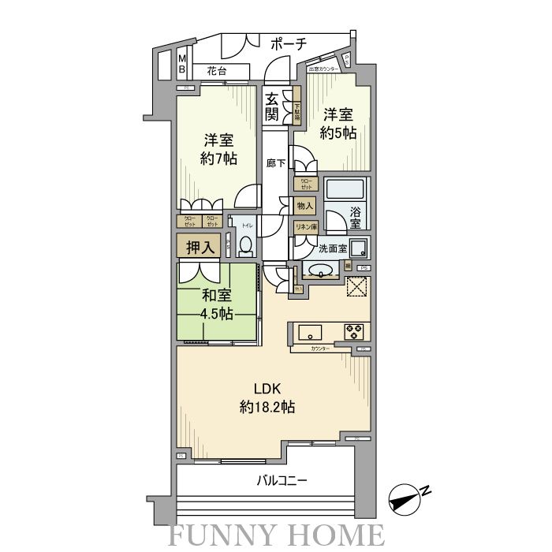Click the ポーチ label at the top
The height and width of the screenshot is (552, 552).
[x=288, y=44]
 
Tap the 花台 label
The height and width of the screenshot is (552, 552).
[x=217, y=71]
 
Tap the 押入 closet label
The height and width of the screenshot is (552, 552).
[x=200, y=247]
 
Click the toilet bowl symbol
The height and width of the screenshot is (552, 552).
[x=245, y=247]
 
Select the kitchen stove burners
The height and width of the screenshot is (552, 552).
[x=352, y=330]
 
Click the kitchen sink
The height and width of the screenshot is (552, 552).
[x=307, y=330]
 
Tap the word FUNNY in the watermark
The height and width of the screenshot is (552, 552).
[x=222, y=534]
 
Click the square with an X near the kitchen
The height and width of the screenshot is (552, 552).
[x=356, y=288]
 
